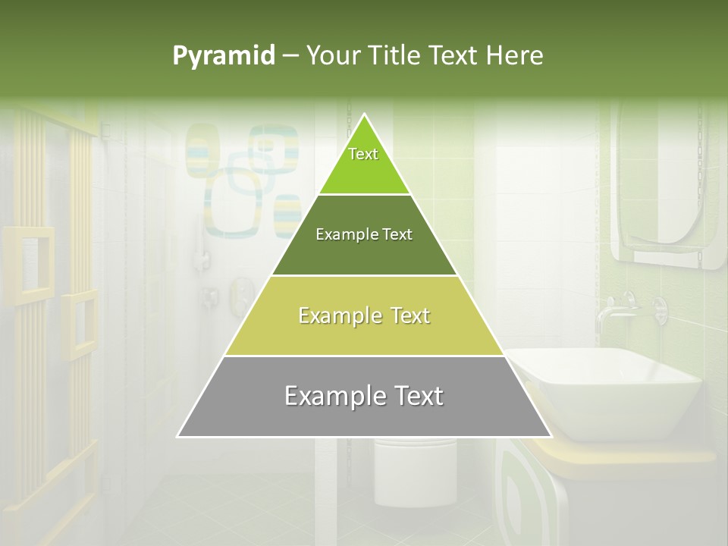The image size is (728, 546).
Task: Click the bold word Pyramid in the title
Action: click(224, 56)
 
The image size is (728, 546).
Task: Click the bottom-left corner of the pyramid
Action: click(178, 437)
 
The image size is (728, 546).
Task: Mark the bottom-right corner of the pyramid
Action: click(551, 437)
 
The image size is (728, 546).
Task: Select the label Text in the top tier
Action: click(363, 154)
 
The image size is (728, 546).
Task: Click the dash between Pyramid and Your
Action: click(290, 56)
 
